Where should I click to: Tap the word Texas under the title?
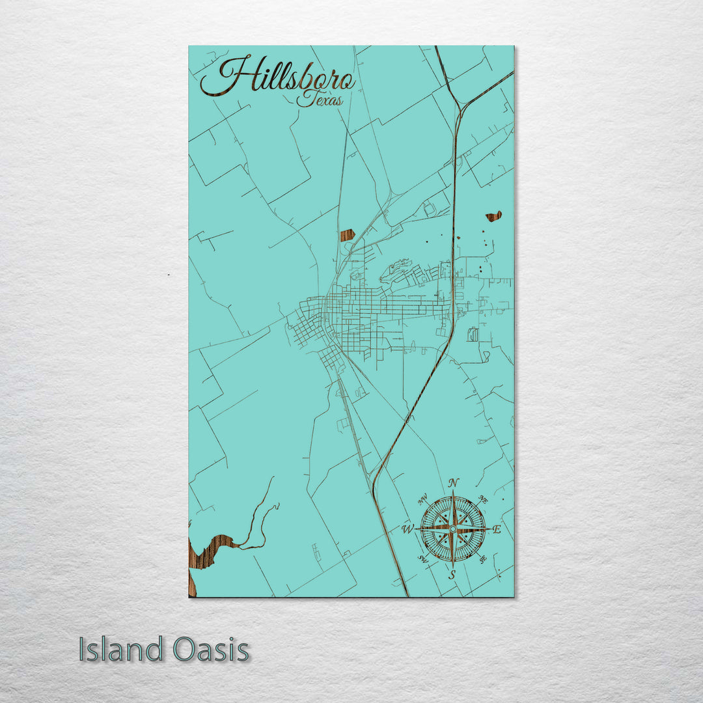pyautogui.click(x=320, y=100)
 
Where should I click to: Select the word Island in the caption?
pyautogui.click(x=121, y=650)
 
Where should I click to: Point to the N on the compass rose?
pyautogui.click(x=454, y=483)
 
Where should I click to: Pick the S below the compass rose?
pyautogui.click(x=452, y=574)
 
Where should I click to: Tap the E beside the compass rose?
pyautogui.click(x=496, y=529)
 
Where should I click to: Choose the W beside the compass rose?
pyautogui.click(x=408, y=529)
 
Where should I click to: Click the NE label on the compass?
pyautogui.click(x=483, y=500)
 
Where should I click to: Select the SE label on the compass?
pyautogui.click(x=482, y=558)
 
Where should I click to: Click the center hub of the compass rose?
pyautogui.click(x=453, y=529)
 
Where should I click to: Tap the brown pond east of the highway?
pyautogui.click(x=493, y=216)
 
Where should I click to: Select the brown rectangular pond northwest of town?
pyautogui.click(x=347, y=235)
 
